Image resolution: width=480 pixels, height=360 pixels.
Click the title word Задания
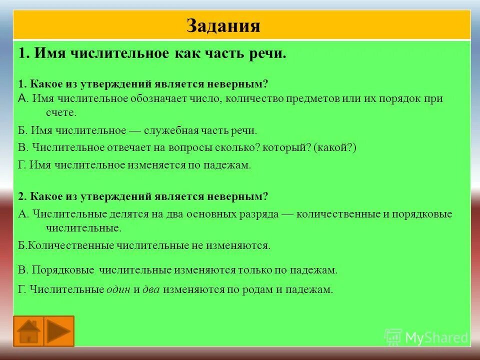[223, 25]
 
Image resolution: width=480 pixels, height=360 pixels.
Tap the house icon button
[28, 331]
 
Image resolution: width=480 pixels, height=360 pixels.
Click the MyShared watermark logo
[426, 337]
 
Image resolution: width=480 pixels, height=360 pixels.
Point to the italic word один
[118, 289]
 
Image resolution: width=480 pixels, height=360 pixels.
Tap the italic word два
[151, 289]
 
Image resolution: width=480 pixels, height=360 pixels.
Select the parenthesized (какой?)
[335, 147]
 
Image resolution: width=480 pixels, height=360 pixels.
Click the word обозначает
[163, 98]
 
